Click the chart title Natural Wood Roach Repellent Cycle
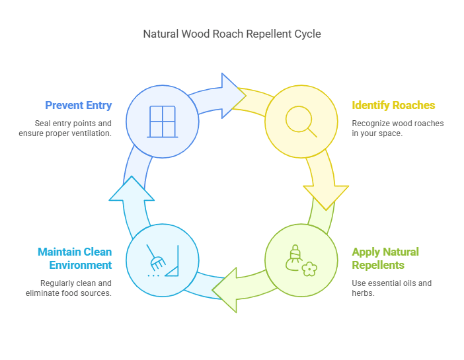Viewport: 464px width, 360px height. point(232,34)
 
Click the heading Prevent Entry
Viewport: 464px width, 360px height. point(78,105)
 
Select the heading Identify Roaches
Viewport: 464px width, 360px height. point(393,105)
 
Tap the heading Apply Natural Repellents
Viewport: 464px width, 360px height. point(385,258)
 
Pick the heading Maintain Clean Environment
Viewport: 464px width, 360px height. point(75,258)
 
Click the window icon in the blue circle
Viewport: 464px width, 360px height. point(162,122)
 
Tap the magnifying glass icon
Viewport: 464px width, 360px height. point(301,122)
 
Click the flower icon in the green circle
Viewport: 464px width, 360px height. point(309,269)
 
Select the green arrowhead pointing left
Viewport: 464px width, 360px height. point(228,289)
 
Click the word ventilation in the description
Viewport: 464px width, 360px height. point(90,134)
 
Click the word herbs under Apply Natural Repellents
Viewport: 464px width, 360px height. point(365,293)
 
